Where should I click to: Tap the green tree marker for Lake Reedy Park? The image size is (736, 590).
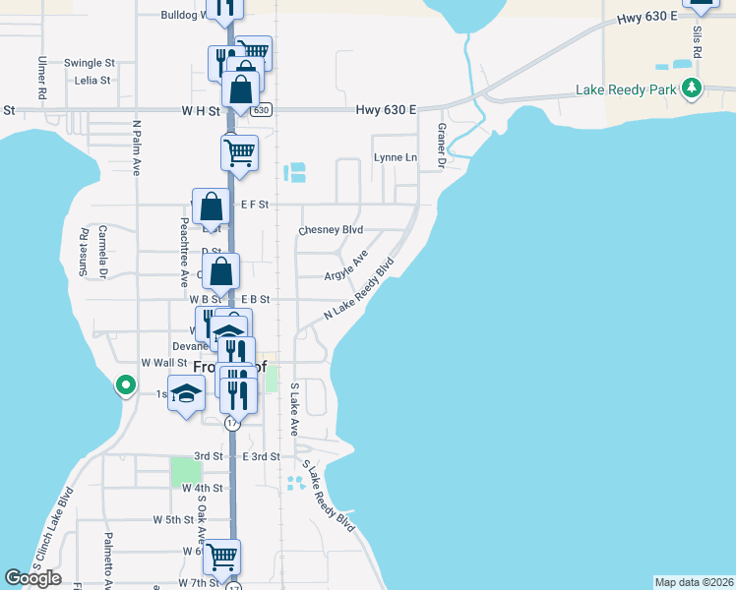click(693, 89)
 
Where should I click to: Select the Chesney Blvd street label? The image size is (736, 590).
click(331, 230)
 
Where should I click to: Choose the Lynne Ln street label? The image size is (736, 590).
click(395, 157)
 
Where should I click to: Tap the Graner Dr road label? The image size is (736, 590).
click(442, 146)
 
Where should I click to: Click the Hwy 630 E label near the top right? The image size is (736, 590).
click(647, 18)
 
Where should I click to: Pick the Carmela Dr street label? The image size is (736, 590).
click(102, 250)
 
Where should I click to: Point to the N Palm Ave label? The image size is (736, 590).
click(137, 148)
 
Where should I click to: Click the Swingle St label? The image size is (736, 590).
click(90, 63)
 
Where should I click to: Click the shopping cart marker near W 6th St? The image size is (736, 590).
click(221, 557)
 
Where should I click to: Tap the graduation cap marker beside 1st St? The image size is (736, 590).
click(185, 394)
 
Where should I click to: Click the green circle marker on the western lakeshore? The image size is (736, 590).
click(126, 385)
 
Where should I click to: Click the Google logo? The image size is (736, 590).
click(33, 578)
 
